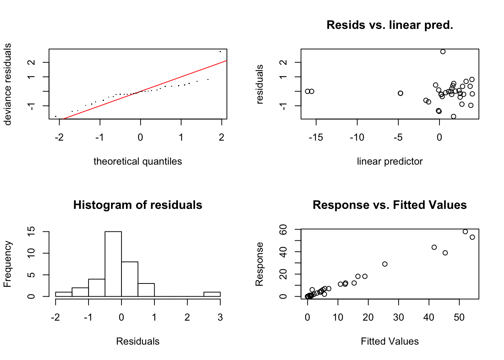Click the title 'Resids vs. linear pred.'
tap(390, 25)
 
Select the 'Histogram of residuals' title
tap(138, 205)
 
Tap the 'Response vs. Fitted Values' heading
tap(390, 205)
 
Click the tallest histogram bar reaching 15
tap(113, 264)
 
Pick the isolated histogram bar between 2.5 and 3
tap(212, 294)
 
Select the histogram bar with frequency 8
tap(130, 279)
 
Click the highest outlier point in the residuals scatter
tap(443, 52)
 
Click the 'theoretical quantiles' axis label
tap(138, 162)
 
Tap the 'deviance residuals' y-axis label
tap(8, 84)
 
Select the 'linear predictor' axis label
tap(390, 162)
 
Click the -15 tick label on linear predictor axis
tap(316, 138)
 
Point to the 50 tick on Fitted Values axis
tap(459, 318)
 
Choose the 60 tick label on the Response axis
tap(283, 229)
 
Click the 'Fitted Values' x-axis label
tap(390, 342)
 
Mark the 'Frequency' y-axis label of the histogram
tap(8, 264)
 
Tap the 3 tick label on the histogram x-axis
tap(220, 318)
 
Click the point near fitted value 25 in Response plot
tap(385, 264)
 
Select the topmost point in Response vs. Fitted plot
tap(465, 232)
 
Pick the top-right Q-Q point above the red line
tap(220, 51)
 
